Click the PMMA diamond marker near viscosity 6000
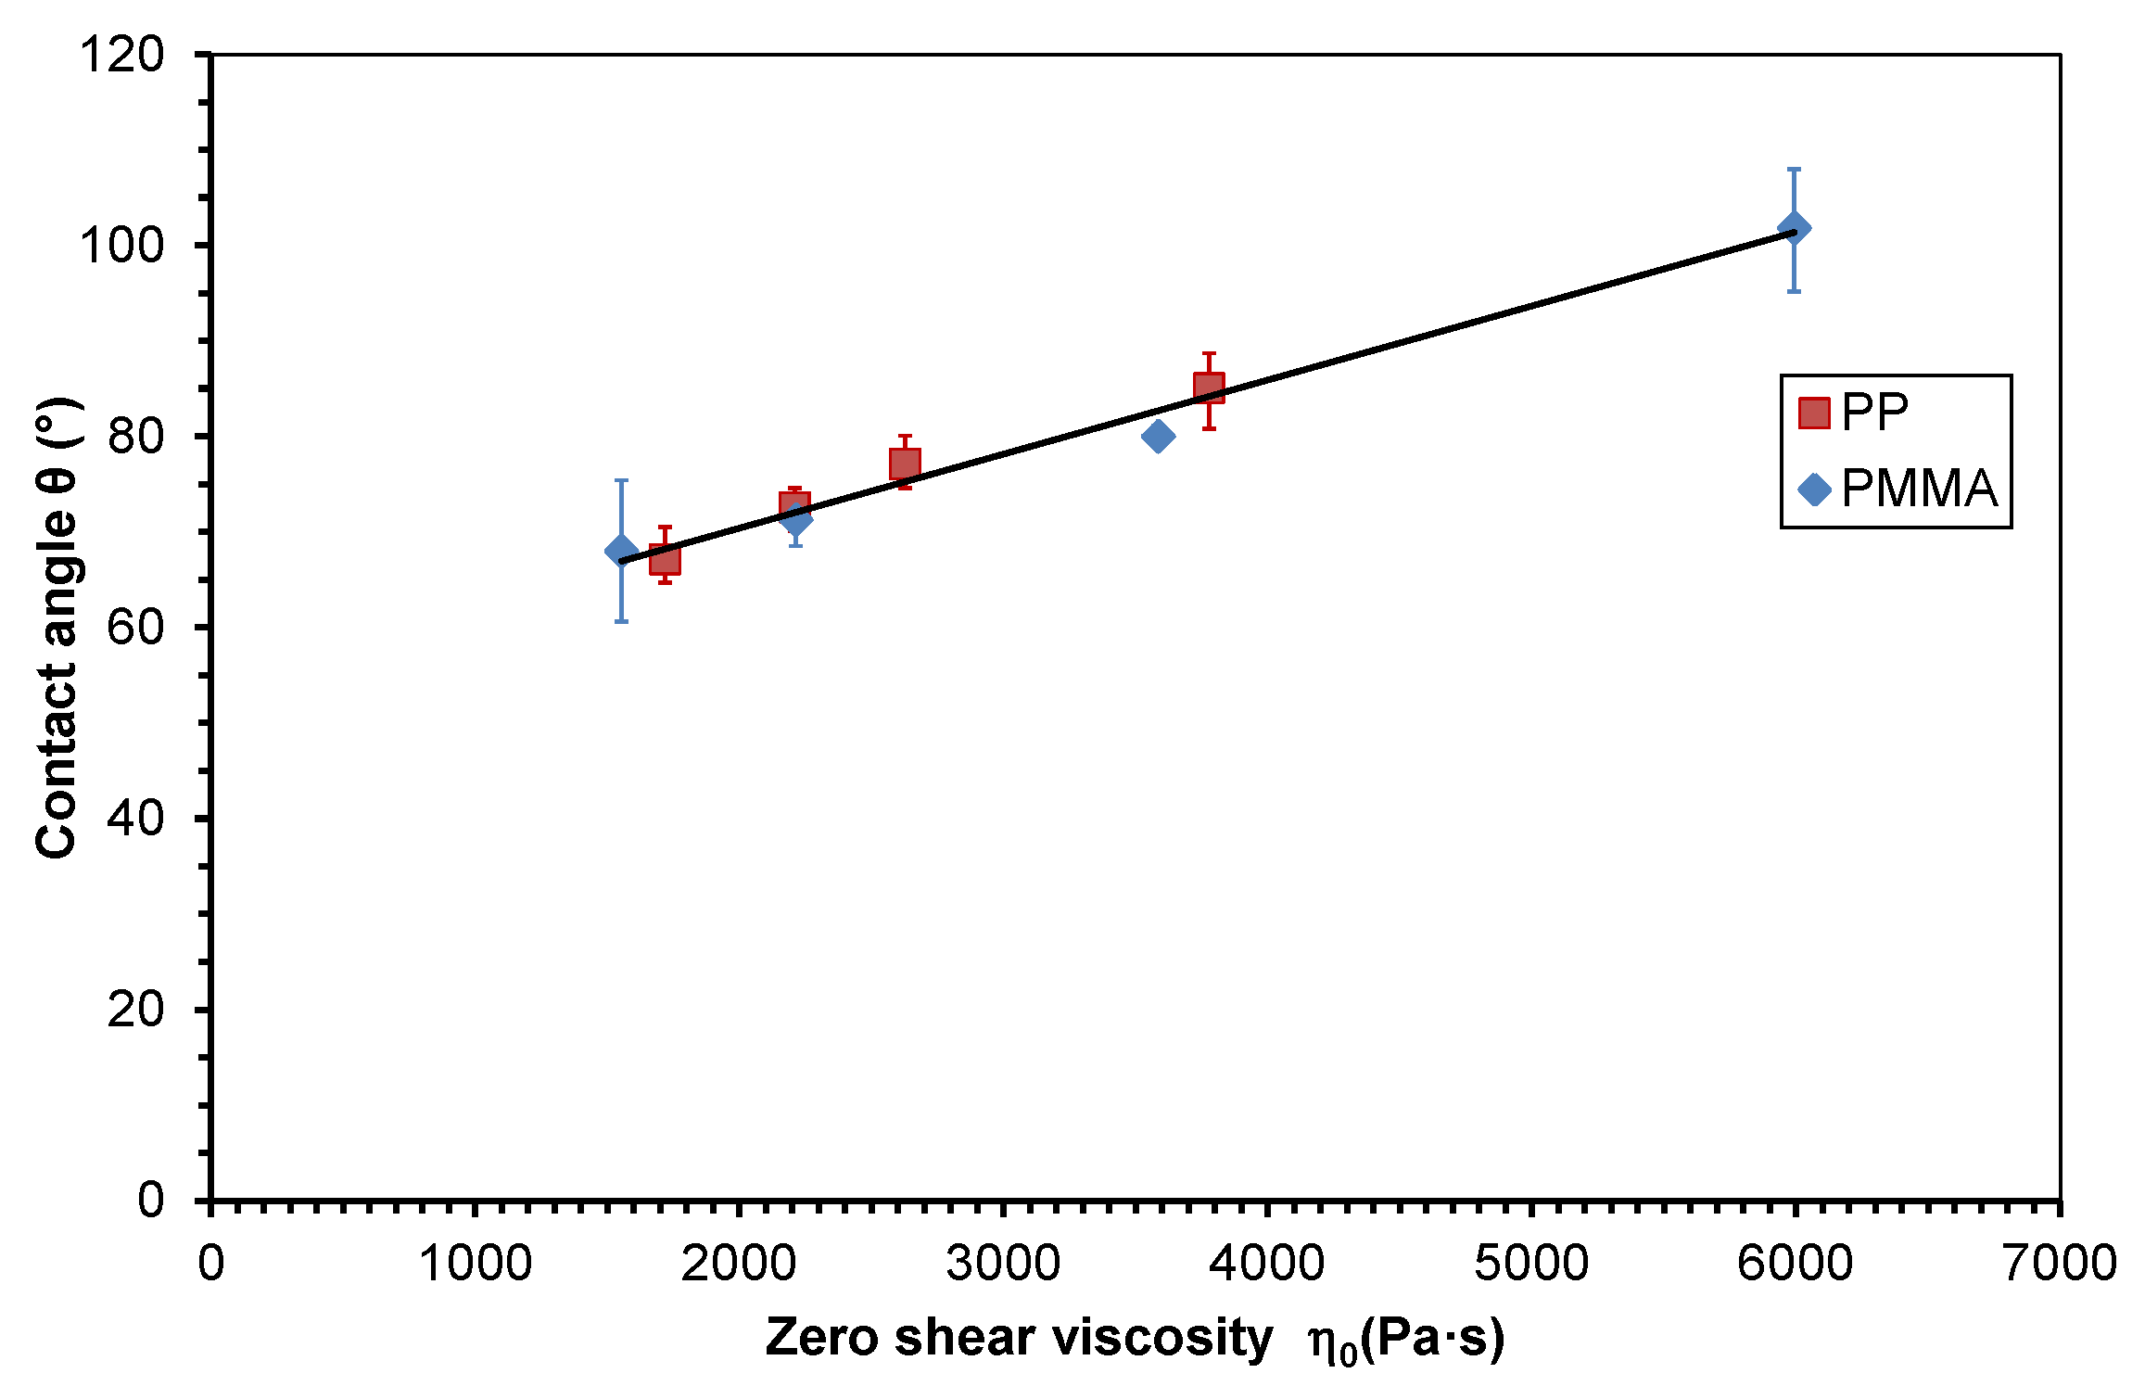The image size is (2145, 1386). [1794, 228]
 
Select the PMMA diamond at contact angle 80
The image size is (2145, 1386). [1158, 436]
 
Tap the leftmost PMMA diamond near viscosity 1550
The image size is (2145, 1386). [621, 552]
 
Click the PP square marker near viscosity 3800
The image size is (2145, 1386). [1209, 388]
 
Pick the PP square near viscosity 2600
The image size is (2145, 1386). [905, 464]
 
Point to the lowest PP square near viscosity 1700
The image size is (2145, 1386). [665, 559]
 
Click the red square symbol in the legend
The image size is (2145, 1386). [1814, 413]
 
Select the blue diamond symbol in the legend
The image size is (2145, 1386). [1814, 490]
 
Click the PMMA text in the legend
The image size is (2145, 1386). [1919, 489]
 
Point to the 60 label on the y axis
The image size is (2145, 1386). [135, 628]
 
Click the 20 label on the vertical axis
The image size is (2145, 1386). [135, 1009]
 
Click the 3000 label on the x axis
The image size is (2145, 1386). [1003, 1263]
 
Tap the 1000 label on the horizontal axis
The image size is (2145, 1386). [475, 1263]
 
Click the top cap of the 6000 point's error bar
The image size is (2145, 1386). [1794, 169]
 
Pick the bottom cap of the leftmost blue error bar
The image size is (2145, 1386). [621, 621]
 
